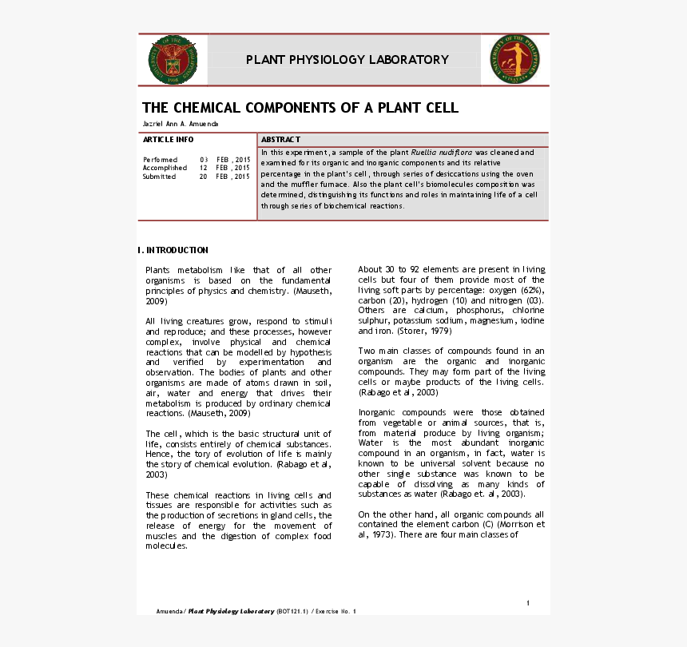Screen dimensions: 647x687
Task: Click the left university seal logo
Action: pos(173,60)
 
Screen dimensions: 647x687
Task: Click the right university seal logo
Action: pos(514,60)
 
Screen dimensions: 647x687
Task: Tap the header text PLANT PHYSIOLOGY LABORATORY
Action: pos(347,60)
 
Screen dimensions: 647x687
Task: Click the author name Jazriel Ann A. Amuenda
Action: pos(180,124)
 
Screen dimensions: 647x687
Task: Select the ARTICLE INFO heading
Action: pos(168,140)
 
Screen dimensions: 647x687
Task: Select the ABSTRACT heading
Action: pos(280,140)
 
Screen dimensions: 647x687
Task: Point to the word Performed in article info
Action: pos(160,160)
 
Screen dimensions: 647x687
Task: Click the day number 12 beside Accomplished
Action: pos(204,169)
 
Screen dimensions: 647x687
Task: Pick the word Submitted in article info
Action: pos(160,177)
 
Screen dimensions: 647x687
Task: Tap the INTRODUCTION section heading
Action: pos(176,250)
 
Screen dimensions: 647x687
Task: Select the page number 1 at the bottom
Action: pos(528,602)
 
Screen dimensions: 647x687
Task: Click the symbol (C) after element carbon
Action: pos(486,525)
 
